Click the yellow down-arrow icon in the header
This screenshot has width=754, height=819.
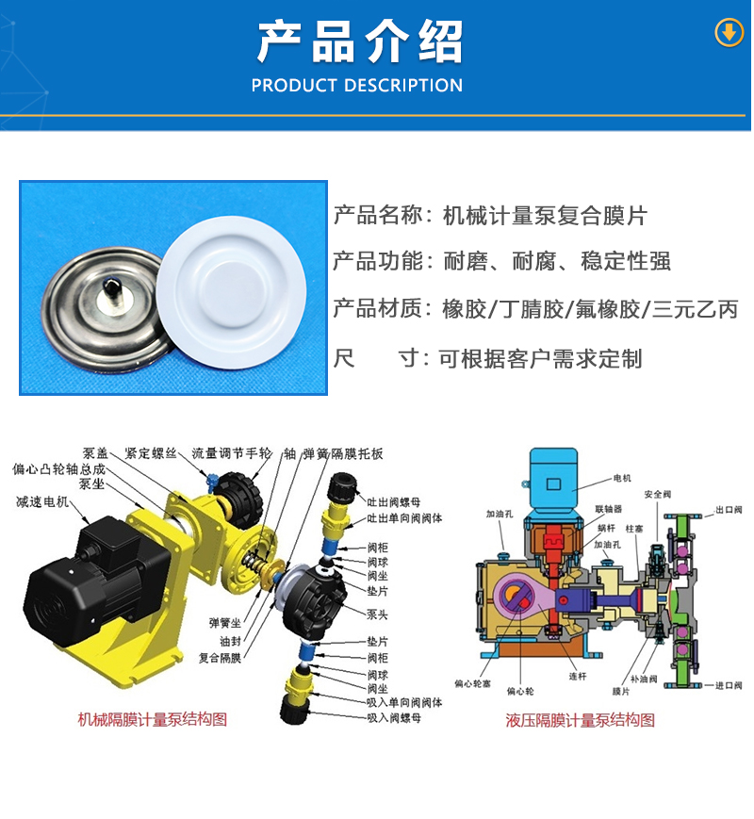[729, 33]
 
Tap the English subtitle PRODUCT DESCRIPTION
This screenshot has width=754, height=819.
[357, 86]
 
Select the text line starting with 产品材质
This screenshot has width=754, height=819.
[535, 309]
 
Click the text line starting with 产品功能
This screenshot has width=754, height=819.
[501, 261]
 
